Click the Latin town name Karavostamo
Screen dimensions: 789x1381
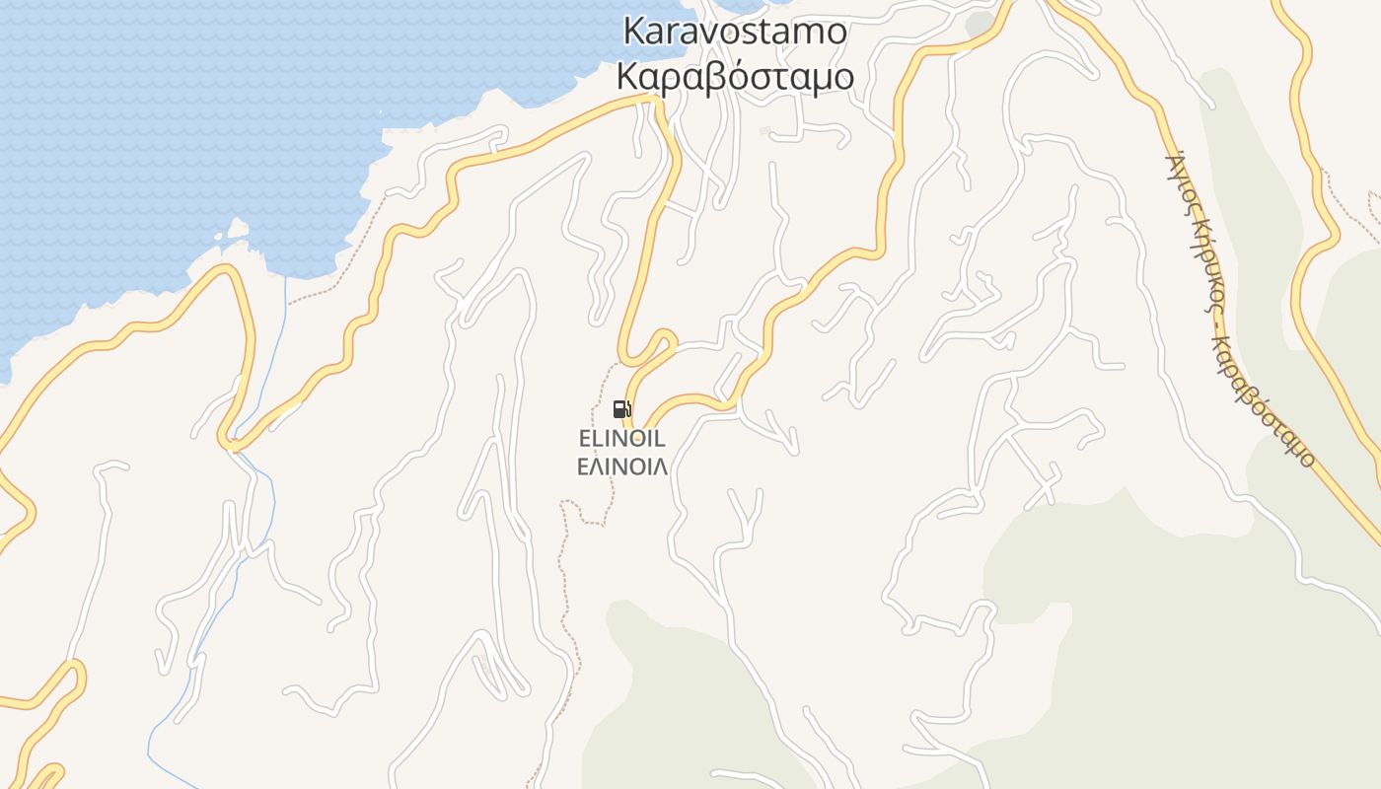735,31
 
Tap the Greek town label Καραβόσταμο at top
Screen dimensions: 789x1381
735,76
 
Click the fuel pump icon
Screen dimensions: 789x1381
621,409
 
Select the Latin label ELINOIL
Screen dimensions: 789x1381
621,439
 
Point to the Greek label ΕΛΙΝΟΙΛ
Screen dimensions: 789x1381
621,466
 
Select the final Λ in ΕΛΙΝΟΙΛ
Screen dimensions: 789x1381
660,466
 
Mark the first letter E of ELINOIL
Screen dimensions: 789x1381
584,439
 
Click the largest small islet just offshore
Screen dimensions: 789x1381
238,229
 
